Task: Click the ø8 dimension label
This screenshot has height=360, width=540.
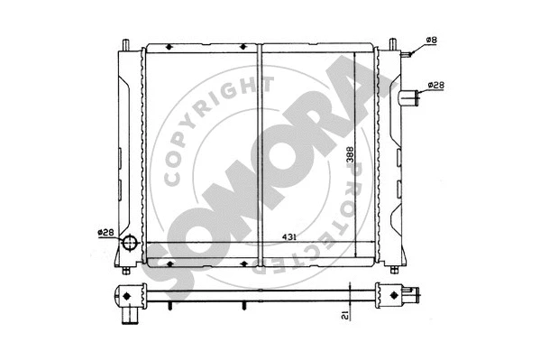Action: (x=431, y=41)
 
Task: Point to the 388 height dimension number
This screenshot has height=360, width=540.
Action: (x=348, y=157)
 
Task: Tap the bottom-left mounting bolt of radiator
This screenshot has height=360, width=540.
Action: (x=125, y=269)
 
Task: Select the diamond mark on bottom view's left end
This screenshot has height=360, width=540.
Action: (x=130, y=294)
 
